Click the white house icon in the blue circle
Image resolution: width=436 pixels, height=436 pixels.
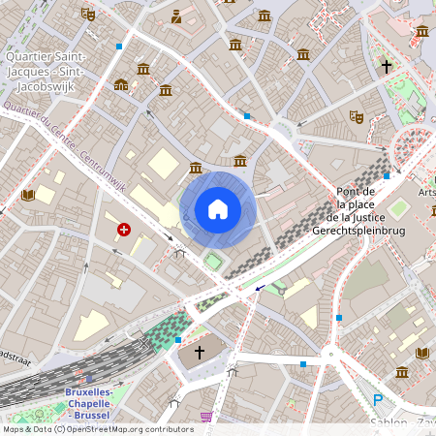pyautogui.click(x=218, y=208)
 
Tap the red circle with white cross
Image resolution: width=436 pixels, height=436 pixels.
pyautogui.click(x=124, y=230)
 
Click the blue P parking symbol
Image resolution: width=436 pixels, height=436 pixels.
pyautogui.click(x=378, y=399)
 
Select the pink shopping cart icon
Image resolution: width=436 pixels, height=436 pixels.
pyautogui.click(x=206, y=417)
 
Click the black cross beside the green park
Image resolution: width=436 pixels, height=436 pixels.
pyautogui.click(x=387, y=67)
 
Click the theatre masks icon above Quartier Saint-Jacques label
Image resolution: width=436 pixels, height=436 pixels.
pyautogui.click(x=88, y=14)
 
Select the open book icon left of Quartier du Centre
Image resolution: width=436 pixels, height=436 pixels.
pyautogui.click(x=28, y=195)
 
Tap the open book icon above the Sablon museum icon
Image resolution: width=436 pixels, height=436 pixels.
pyautogui.click(x=423, y=353)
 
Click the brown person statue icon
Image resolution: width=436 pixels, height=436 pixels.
pyautogui.click(x=175, y=16)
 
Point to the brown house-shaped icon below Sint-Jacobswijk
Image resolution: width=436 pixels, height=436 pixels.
pyautogui.click(x=121, y=84)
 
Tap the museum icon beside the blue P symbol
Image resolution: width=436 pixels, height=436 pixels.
pyautogui.click(x=402, y=372)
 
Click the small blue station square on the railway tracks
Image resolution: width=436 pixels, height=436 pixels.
pyautogui.click(x=90, y=379)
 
